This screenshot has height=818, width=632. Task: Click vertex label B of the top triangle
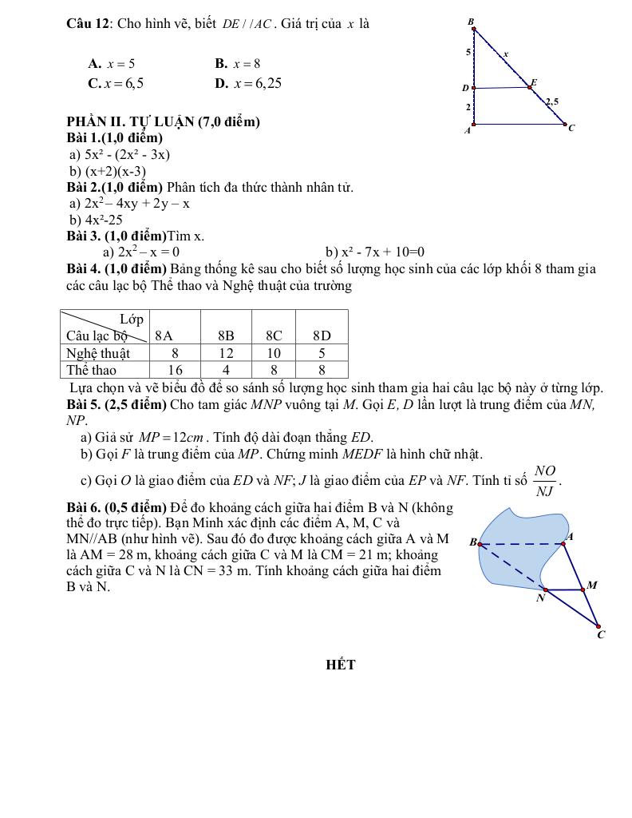click(471, 22)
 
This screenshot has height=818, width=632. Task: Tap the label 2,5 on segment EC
click(551, 101)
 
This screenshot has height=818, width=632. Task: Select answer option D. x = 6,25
click(247, 83)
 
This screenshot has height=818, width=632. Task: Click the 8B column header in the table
click(226, 336)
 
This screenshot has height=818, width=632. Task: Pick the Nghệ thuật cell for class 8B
click(226, 352)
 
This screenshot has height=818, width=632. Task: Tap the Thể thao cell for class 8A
click(175, 370)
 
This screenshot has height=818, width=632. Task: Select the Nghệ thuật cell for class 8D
click(322, 352)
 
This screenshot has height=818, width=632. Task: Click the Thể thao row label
click(91, 370)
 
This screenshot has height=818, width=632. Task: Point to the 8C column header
click(274, 336)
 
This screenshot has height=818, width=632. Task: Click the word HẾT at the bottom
click(341, 665)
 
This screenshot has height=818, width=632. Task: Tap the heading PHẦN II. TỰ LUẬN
click(163, 122)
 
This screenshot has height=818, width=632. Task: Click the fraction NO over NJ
click(545, 482)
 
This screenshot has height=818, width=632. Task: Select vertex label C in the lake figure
click(601, 635)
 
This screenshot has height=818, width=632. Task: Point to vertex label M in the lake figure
click(592, 586)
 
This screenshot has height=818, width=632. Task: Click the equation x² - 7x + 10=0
click(375, 252)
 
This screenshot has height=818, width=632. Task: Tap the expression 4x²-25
click(96, 220)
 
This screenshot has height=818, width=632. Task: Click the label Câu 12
click(89, 23)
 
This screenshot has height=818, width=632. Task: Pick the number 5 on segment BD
click(468, 52)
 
